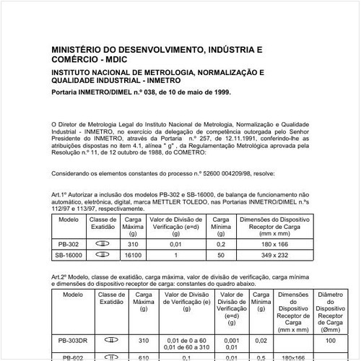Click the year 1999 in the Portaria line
(218, 92)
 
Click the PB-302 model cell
(69, 245)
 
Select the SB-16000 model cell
(69, 256)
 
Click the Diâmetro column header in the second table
(331, 295)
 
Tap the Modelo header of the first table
(69, 219)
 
